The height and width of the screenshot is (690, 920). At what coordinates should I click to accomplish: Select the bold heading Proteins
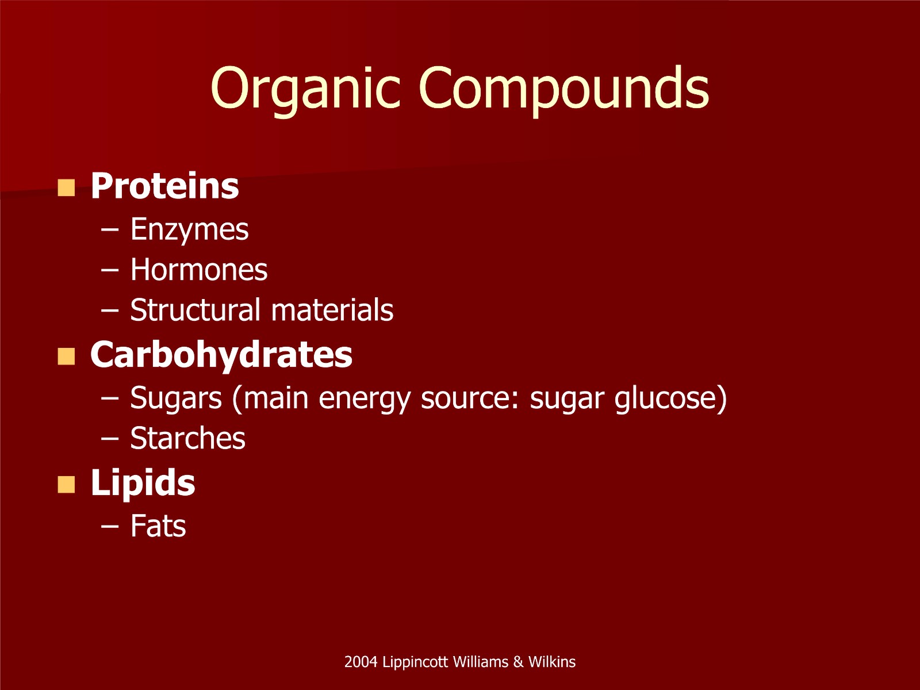pos(164,186)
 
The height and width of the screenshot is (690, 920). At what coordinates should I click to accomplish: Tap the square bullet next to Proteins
pos(66,187)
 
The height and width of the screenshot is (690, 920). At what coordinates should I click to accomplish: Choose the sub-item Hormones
pos(199,269)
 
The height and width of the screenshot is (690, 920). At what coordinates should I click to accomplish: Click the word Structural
pos(195,309)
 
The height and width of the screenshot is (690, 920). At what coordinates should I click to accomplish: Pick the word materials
pos(332,309)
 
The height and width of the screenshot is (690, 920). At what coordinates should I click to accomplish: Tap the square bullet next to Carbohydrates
pos(66,356)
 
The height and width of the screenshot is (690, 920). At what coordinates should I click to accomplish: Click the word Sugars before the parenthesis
pos(175,398)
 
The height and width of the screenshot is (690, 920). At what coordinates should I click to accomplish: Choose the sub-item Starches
pos(188,438)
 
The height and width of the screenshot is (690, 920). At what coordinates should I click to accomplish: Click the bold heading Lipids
pos(143,483)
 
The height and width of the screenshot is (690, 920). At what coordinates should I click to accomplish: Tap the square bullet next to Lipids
pos(66,485)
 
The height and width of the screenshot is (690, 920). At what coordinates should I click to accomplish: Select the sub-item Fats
pos(158,526)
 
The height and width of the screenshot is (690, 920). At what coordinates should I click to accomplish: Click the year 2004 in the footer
pos(361,662)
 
